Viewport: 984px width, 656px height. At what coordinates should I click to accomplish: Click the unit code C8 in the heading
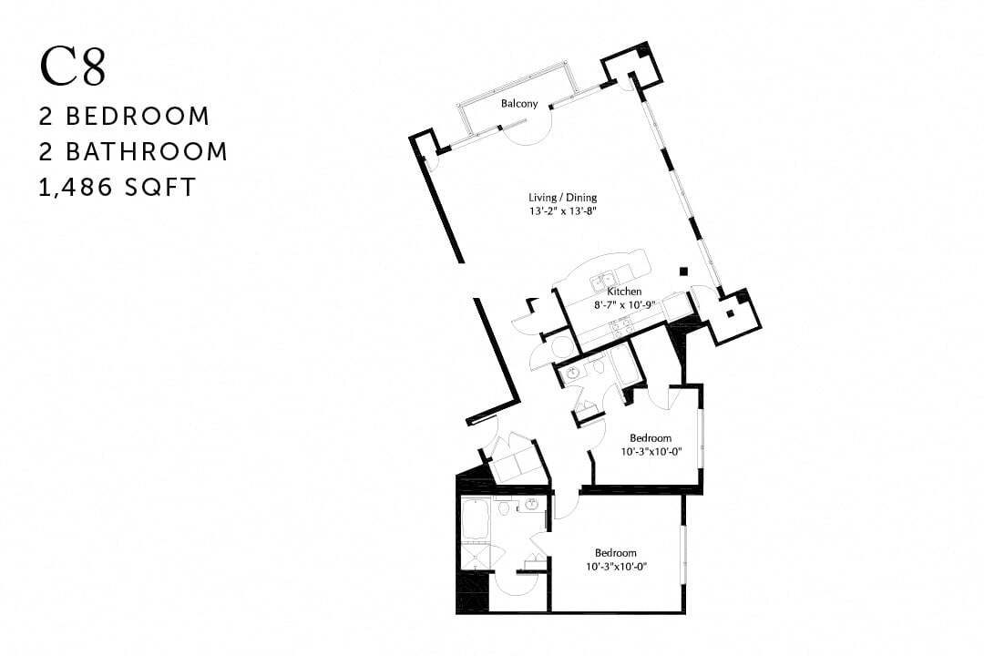[73, 67]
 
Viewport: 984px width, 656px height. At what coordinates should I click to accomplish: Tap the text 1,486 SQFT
[118, 187]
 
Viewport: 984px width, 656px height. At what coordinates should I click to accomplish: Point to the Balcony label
[519, 103]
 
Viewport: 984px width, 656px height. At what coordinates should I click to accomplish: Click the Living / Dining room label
[563, 198]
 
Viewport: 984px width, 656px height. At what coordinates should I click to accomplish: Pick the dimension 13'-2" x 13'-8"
[563, 211]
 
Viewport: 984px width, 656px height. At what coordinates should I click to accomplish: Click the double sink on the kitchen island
[602, 282]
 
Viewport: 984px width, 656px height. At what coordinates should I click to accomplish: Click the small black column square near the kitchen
[683, 270]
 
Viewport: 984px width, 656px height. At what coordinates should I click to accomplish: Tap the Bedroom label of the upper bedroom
[651, 438]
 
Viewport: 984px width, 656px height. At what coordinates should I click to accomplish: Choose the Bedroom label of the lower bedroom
[615, 553]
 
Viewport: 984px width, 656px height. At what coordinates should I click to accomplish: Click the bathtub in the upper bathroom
[625, 364]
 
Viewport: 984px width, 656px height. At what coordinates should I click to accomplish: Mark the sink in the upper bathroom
[572, 373]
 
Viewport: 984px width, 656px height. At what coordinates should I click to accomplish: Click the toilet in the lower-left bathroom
[504, 509]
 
